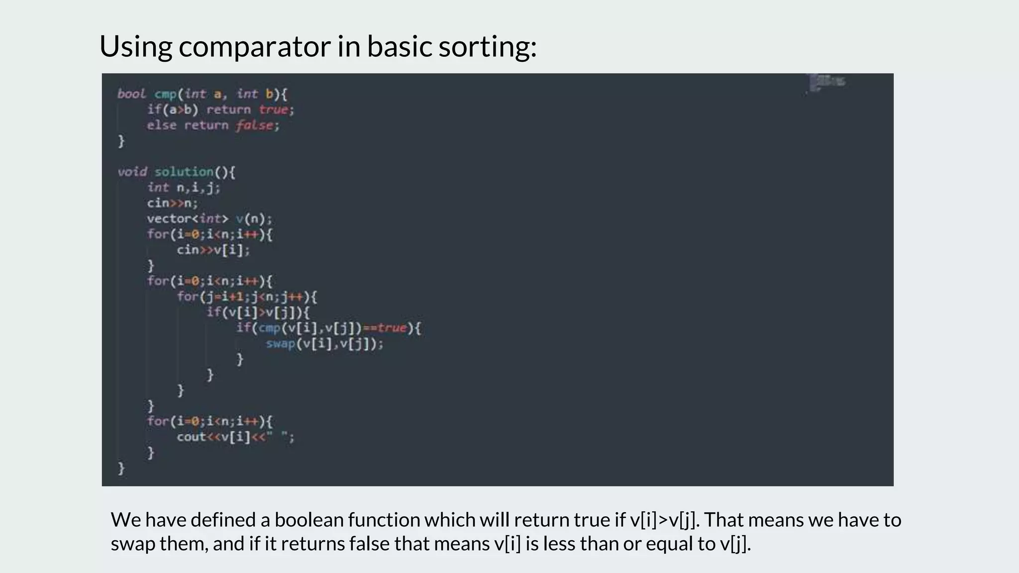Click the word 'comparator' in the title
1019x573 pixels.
pyautogui.click(x=255, y=47)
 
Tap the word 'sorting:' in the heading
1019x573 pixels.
pyautogui.click(x=487, y=47)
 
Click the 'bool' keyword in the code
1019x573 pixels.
pyautogui.click(x=131, y=94)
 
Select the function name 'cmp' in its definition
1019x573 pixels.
pyautogui.click(x=165, y=94)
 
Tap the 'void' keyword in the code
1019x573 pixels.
pyautogui.click(x=132, y=172)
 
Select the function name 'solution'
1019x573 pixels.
pyautogui.click(x=184, y=172)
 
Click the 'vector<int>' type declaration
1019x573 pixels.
pyautogui.click(x=187, y=218)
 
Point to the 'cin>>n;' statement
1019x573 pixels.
pyautogui.click(x=172, y=203)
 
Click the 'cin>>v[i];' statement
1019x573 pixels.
pyautogui.click(x=213, y=250)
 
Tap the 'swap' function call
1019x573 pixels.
pyautogui.click(x=281, y=344)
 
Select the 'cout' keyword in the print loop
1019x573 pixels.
pyautogui.click(x=191, y=437)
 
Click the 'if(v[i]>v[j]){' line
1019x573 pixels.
pyautogui.click(x=258, y=312)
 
